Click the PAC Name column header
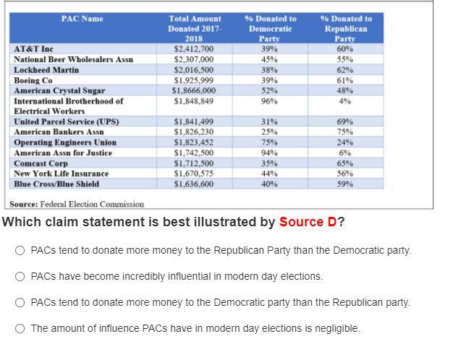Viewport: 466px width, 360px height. pos(82,19)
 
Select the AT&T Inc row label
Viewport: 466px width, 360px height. pos(34,49)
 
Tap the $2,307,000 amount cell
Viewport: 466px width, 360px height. pos(194,59)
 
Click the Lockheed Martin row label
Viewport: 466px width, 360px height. pos(46,70)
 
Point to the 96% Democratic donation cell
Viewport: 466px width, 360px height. pos(269,101)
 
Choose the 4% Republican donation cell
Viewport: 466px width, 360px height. pos(345,101)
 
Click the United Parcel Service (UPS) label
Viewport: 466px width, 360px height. pos(66,122)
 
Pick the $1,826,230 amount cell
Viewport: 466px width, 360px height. pos(194,132)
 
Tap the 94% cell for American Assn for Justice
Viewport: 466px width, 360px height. pos(269,153)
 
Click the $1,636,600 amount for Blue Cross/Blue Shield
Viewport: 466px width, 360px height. pos(194,184)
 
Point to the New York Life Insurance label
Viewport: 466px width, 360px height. pos(61,174)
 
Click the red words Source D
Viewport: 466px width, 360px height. pos(308,222)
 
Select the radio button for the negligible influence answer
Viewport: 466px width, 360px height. pos(20,328)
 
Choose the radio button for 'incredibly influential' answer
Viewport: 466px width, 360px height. pos(20,276)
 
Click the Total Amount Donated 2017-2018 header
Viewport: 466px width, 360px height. pos(194,28)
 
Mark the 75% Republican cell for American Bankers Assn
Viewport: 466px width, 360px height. pos(345,132)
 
